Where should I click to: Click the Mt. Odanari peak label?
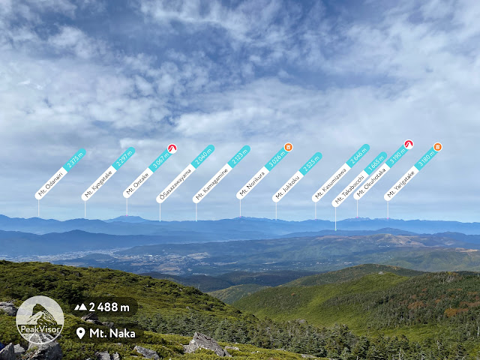click(61, 174)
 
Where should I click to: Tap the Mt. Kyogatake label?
click(108, 174)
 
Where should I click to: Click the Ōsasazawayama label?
click(185, 174)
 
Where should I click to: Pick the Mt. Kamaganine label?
click(221, 174)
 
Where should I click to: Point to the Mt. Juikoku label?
click(297, 177)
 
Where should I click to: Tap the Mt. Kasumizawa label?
click(340, 173)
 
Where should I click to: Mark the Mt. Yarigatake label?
click(411, 173)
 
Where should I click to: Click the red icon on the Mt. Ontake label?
click(172, 148)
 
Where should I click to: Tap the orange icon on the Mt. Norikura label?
click(288, 148)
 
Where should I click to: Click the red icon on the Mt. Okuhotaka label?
click(409, 144)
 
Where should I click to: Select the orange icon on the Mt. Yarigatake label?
click(438, 147)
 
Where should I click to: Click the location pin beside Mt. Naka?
click(80, 332)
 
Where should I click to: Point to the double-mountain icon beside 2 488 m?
click(80, 307)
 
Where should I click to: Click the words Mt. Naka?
click(112, 332)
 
